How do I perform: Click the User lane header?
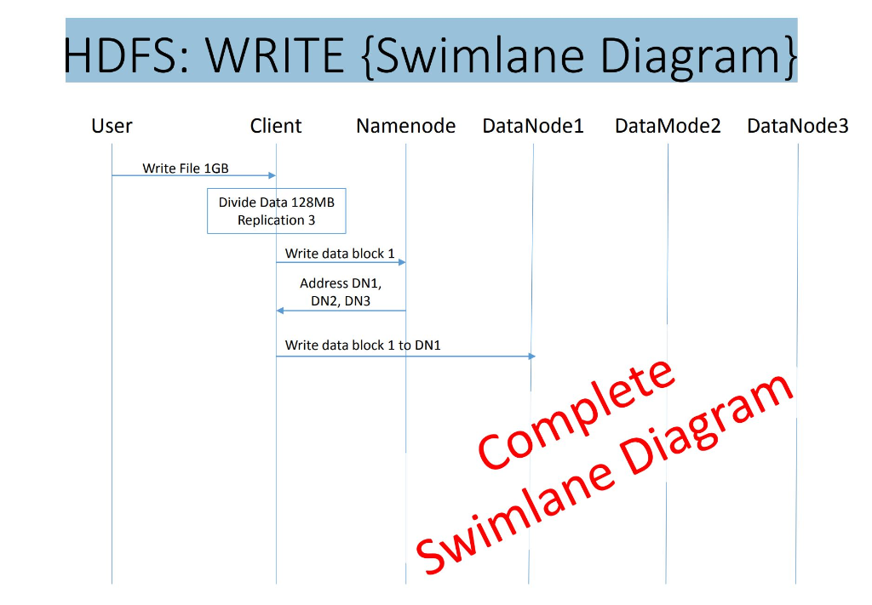(x=112, y=127)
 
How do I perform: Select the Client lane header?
(x=276, y=127)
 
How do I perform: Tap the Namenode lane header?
(x=405, y=127)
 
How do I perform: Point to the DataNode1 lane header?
(x=533, y=127)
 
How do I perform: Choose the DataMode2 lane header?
(x=668, y=127)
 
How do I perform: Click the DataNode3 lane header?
(x=798, y=127)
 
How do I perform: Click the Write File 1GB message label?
(x=186, y=168)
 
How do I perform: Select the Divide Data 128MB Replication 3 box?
(x=277, y=211)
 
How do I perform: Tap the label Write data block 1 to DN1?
(x=363, y=345)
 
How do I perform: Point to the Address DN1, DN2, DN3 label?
(x=341, y=292)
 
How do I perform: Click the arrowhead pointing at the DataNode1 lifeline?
(x=531, y=356)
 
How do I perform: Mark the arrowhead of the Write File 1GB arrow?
(x=272, y=175)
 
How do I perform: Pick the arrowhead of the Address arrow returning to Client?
(x=280, y=311)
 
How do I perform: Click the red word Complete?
(x=577, y=414)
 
